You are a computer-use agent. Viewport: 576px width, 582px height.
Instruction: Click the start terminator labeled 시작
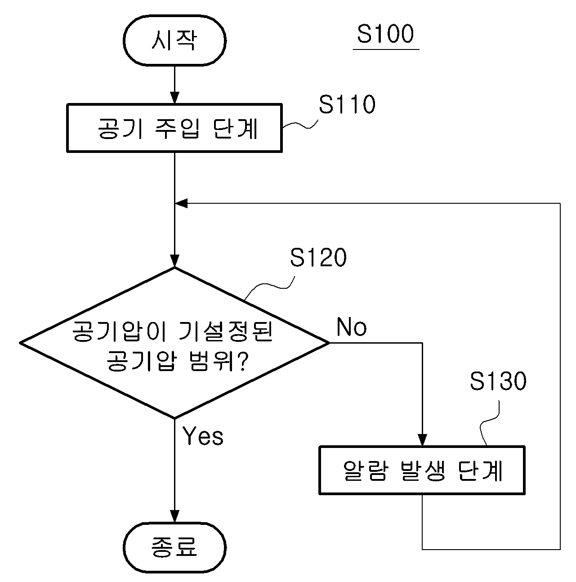[174, 40]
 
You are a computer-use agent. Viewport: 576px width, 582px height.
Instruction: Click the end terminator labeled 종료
[174, 547]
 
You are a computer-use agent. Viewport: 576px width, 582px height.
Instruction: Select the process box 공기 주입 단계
[174, 128]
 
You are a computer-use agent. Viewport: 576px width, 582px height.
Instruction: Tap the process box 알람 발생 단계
[422, 470]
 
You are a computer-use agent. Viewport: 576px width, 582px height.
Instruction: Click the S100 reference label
[385, 34]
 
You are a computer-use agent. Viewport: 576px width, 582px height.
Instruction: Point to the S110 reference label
[347, 104]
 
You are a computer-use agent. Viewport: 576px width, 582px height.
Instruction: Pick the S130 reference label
[498, 381]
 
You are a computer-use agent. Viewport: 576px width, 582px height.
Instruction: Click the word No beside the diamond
[352, 327]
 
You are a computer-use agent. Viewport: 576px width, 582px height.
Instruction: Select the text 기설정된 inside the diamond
[226, 331]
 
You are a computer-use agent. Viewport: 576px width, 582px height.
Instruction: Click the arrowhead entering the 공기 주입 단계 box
[174, 98]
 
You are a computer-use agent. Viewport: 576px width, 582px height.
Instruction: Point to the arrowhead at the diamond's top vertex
[174, 261]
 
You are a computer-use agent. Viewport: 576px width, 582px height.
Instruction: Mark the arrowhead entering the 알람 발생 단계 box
[422, 440]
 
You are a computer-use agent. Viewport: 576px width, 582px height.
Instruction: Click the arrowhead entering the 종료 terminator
[174, 516]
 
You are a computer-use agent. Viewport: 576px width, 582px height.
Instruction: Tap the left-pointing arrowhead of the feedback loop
[181, 203]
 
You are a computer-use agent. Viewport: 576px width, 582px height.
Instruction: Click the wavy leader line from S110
[299, 125]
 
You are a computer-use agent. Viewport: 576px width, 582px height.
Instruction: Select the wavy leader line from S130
[489, 423]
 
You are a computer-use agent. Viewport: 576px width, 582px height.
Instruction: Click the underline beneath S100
[386, 49]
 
